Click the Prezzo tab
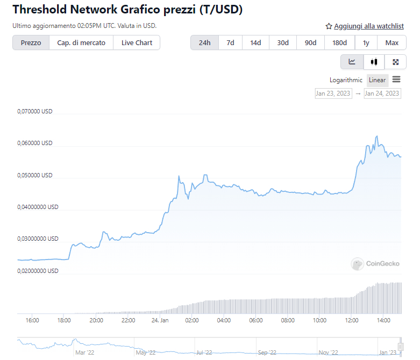click(x=31, y=43)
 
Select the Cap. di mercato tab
click(x=81, y=43)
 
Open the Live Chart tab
click(x=137, y=43)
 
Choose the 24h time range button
click(x=204, y=43)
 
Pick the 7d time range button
click(x=230, y=43)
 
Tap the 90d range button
click(x=310, y=43)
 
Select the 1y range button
click(x=366, y=43)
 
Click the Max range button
click(x=392, y=43)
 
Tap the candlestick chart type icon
click(x=374, y=62)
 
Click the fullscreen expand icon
click(x=396, y=62)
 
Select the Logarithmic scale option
click(x=346, y=80)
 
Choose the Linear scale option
click(x=377, y=80)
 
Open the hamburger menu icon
click(x=396, y=80)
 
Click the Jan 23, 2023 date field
click(x=333, y=93)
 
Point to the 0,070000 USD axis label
click(x=35, y=112)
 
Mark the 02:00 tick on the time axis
click(x=191, y=321)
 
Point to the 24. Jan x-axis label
click(x=159, y=321)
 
